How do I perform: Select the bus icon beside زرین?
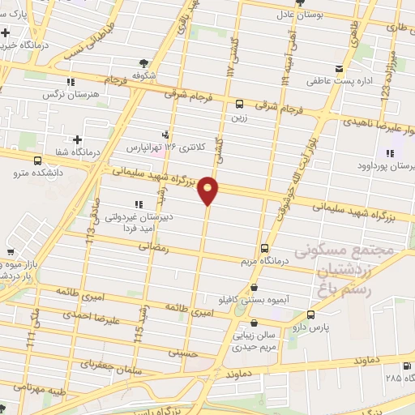coord(239,104)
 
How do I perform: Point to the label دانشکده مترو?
coord(31,173)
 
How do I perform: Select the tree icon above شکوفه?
coord(143,62)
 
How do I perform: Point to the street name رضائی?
coord(155,251)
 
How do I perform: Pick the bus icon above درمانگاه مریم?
coord(264,249)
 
